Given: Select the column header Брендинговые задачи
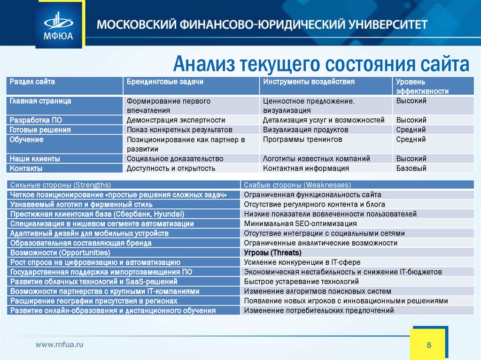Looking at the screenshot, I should click(165, 82).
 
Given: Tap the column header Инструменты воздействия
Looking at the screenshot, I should click(309, 82).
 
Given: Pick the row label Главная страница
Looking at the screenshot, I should click(41, 101).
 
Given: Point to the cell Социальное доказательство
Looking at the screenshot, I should click(175, 159).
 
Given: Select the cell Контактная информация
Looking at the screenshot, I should click(306, 168).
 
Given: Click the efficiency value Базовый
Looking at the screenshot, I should click(411, 168).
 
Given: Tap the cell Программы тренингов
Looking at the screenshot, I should click(303, 139).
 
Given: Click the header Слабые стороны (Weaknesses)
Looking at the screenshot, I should click(297, 185).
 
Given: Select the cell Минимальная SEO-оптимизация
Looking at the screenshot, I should click(300, 223).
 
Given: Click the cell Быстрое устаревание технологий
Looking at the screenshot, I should click(301, 282).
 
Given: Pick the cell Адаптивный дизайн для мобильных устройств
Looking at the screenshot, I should click(89, 233).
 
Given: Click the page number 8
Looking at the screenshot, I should click(429, 345).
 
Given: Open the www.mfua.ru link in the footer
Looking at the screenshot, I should click(60, 345).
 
